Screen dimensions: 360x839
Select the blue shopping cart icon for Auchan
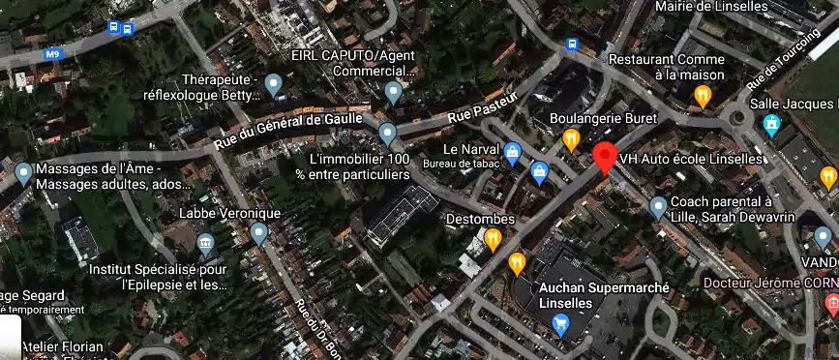[559, 325]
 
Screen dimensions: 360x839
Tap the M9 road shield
[51, 56]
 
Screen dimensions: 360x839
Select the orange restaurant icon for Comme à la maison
[704, 95]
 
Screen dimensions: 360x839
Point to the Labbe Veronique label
[229, 213]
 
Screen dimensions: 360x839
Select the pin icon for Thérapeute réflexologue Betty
[273, 86]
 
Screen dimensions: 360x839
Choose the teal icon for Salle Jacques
[771, 124]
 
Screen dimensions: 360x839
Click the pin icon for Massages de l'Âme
[23, 174]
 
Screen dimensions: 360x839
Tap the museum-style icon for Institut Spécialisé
[205, 242]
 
